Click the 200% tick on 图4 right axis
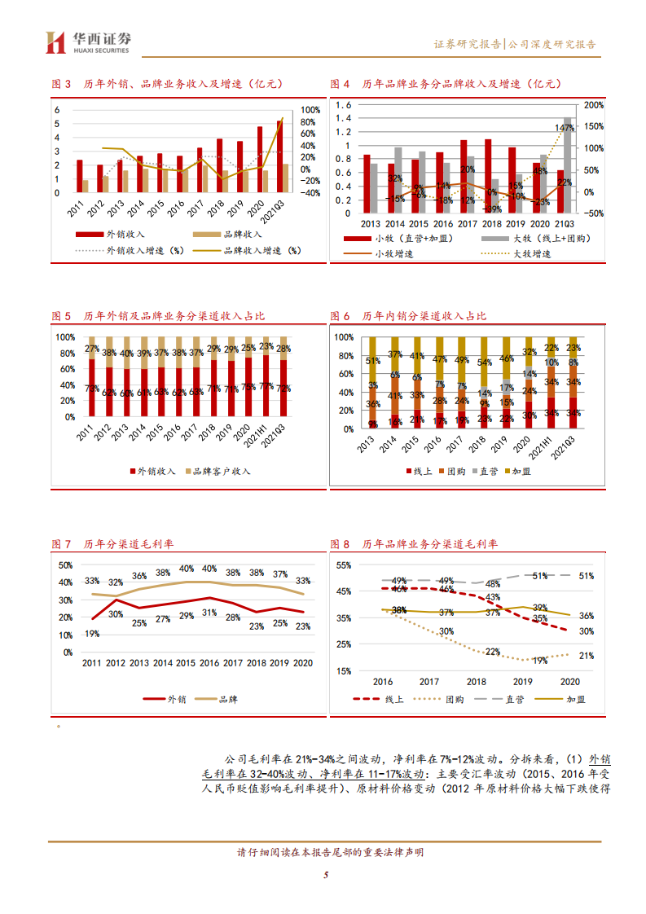point(593,105)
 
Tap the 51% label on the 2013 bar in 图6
point(373,361)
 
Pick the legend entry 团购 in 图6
point(457,471)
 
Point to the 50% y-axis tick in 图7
point(65,565)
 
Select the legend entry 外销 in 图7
point(167,699)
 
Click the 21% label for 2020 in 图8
point(586,656)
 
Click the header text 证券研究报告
point(468,45)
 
